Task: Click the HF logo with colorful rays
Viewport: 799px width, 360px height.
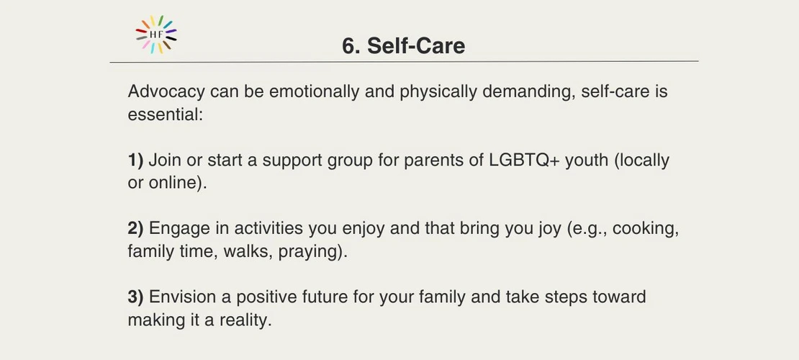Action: pos(156,34)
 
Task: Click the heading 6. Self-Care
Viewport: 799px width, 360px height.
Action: pos(404,46)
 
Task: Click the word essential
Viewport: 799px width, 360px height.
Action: pos(165,114)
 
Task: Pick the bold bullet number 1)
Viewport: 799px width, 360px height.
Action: pos(135,161)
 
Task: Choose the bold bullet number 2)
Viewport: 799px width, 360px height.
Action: pos(135,229)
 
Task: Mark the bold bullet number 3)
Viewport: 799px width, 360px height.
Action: pos(135,297)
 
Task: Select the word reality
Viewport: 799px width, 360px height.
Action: pos(246,320)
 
